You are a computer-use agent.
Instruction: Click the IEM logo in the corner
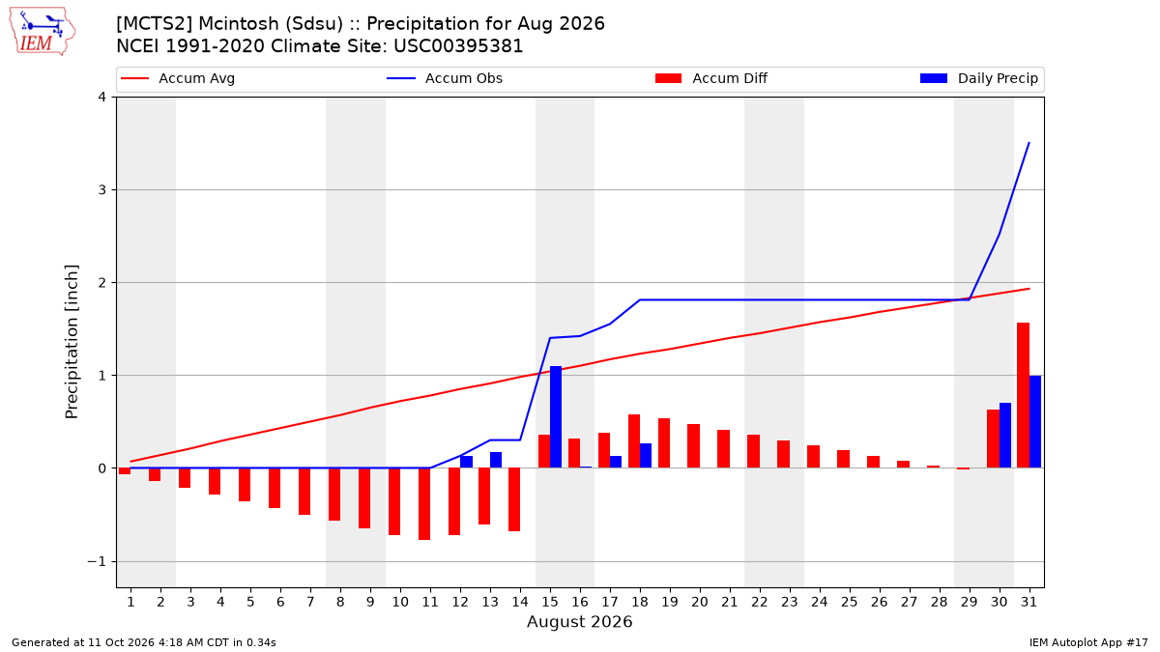tap(43, 31)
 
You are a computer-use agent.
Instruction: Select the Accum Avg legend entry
tap(178, 78)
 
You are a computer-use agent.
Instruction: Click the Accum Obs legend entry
tap(445, 78)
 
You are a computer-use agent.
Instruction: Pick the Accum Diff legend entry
tap(711, 78)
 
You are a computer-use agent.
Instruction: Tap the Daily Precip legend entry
tap(978, 78)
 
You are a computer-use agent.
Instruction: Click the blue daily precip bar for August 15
tap(556, 417)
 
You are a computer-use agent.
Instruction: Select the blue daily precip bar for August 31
tap(1035, 422)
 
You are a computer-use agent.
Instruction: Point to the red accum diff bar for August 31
tap(1024, 395)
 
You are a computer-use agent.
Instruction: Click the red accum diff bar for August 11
tap(424, 504)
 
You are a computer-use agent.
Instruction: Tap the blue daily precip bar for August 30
tap(1005, 436)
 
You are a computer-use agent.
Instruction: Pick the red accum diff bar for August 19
tap(664, 443)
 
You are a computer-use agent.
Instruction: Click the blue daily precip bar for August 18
tap(646, 456)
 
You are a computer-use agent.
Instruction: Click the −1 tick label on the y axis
tap(97, 561)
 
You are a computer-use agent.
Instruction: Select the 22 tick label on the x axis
tap(759, 602)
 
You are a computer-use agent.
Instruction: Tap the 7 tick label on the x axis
tap(310, 602)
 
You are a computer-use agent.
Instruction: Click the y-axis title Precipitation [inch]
tap(72, 342)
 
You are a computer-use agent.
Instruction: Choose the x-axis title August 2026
tap(579, 621)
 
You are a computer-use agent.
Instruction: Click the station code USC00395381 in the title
tap(458, 46)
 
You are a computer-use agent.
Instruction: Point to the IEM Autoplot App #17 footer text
tap(1088, 642)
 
